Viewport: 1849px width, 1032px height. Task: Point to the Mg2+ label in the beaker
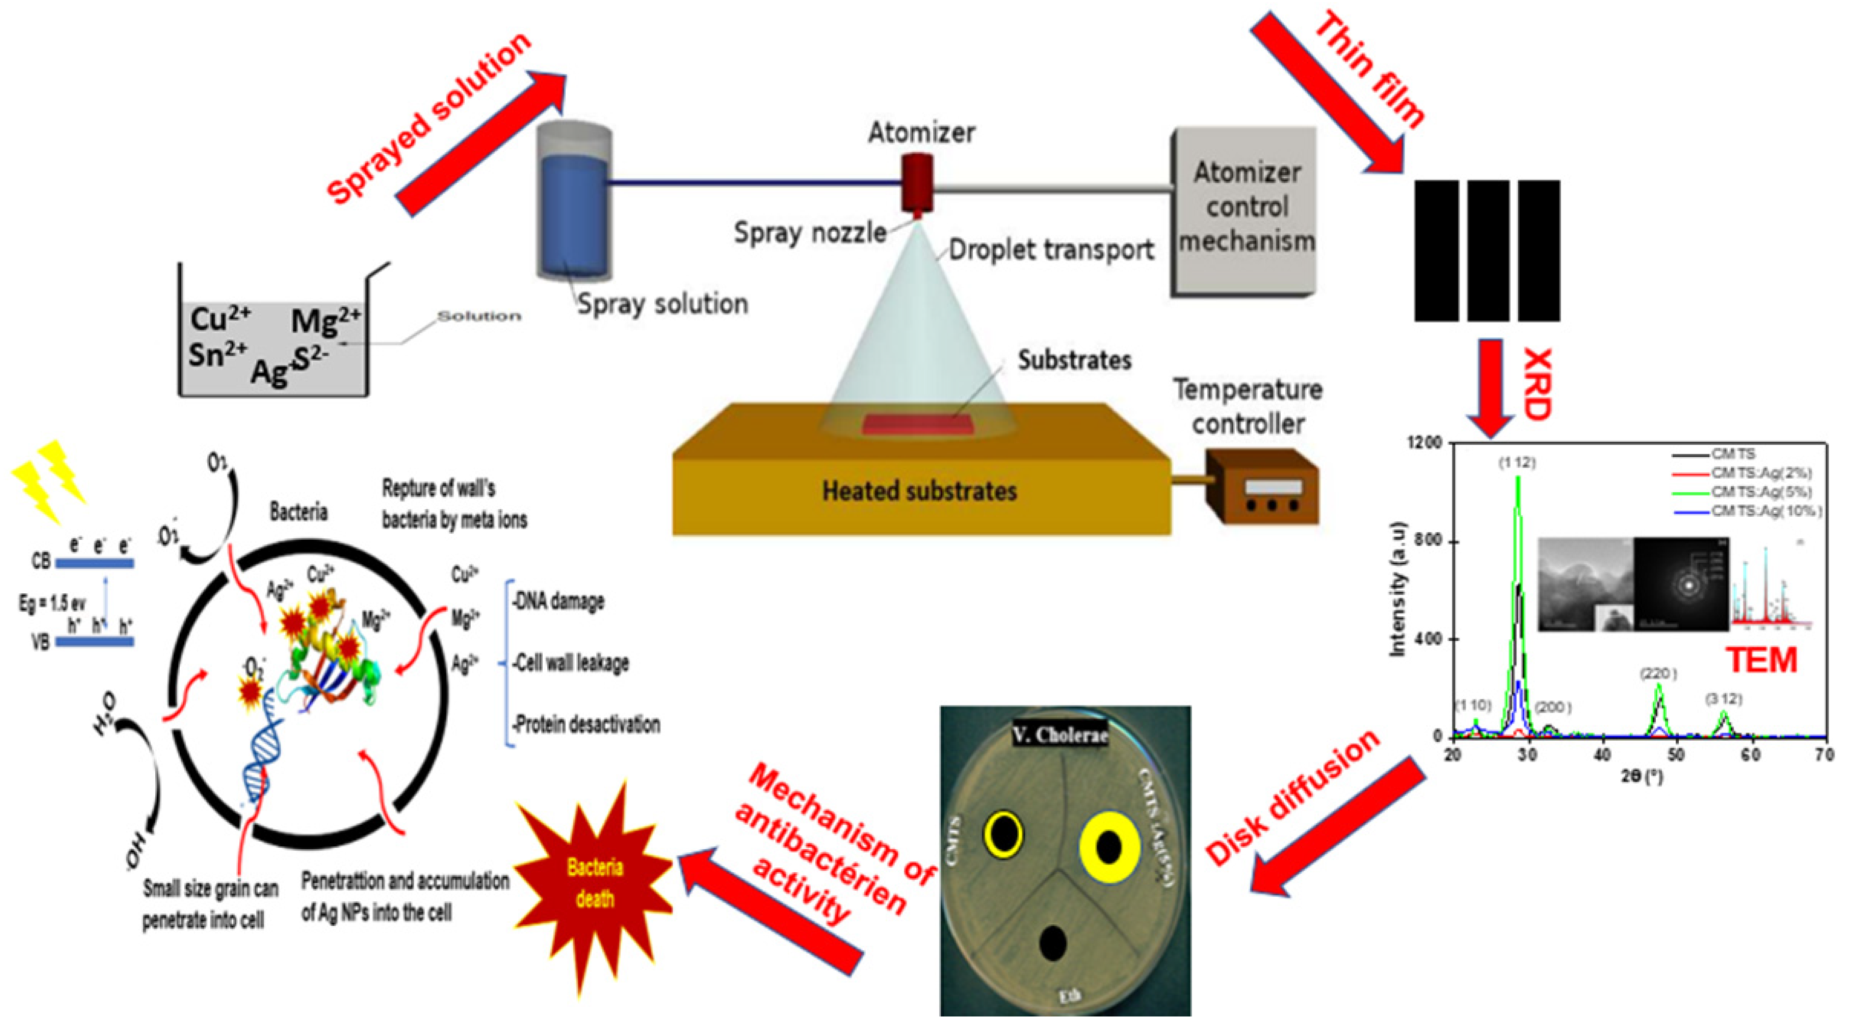pyautogui.click(x=324, y=319)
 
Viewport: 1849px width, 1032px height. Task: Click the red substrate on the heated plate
pyautogui.click(x=918, y=424)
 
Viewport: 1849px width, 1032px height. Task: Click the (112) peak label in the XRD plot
pyautogui.click(x=1517, y=463)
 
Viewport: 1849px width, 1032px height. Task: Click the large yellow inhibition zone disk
pyautogui.click(x=1109, y=847)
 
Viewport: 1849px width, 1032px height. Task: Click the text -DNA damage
pyautogui.click(x=558, y=601)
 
